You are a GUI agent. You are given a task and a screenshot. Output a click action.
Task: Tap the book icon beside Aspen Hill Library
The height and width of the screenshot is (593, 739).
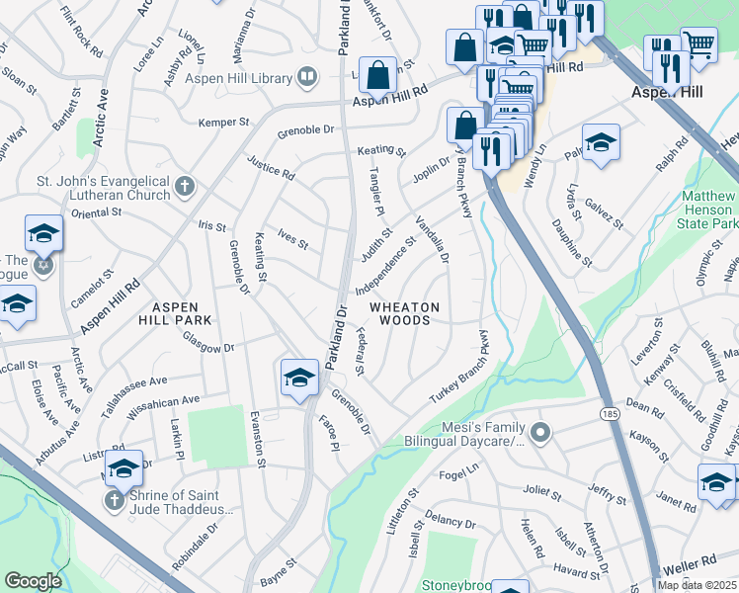point(307,77)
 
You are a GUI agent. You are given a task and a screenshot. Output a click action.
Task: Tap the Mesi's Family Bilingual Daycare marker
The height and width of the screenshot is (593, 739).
point(539,432)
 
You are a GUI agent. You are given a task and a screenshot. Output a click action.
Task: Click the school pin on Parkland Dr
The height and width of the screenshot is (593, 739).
point(299,378)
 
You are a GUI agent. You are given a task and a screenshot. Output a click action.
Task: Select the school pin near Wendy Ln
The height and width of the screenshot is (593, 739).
point(600,143)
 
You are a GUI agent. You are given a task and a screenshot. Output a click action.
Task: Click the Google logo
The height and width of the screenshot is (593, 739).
point(33,580)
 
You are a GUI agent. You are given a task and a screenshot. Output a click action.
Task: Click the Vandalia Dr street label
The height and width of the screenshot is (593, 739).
point(433,240)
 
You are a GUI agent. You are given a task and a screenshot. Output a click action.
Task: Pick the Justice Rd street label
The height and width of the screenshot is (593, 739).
point(270,167)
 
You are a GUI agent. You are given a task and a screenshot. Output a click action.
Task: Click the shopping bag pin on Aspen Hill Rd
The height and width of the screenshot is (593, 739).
point(377,73)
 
